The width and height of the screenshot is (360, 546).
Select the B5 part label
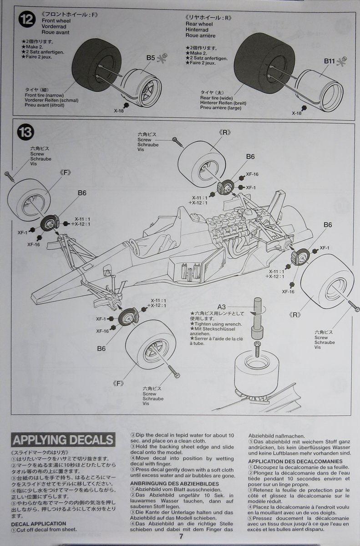[151, 58]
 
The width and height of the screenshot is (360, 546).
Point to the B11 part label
[330, 61]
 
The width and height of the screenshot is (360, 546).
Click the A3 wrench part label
[222, 306]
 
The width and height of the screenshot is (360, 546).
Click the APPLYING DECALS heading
[63, 440]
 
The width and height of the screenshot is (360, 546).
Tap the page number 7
[181, 536]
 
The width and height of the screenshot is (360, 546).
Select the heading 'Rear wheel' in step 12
[199, 24]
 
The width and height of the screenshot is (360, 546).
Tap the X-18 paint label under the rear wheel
[296, 113]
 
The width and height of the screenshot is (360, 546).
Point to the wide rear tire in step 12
[258, 63]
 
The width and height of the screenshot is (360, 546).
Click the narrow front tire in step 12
[93, 64]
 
